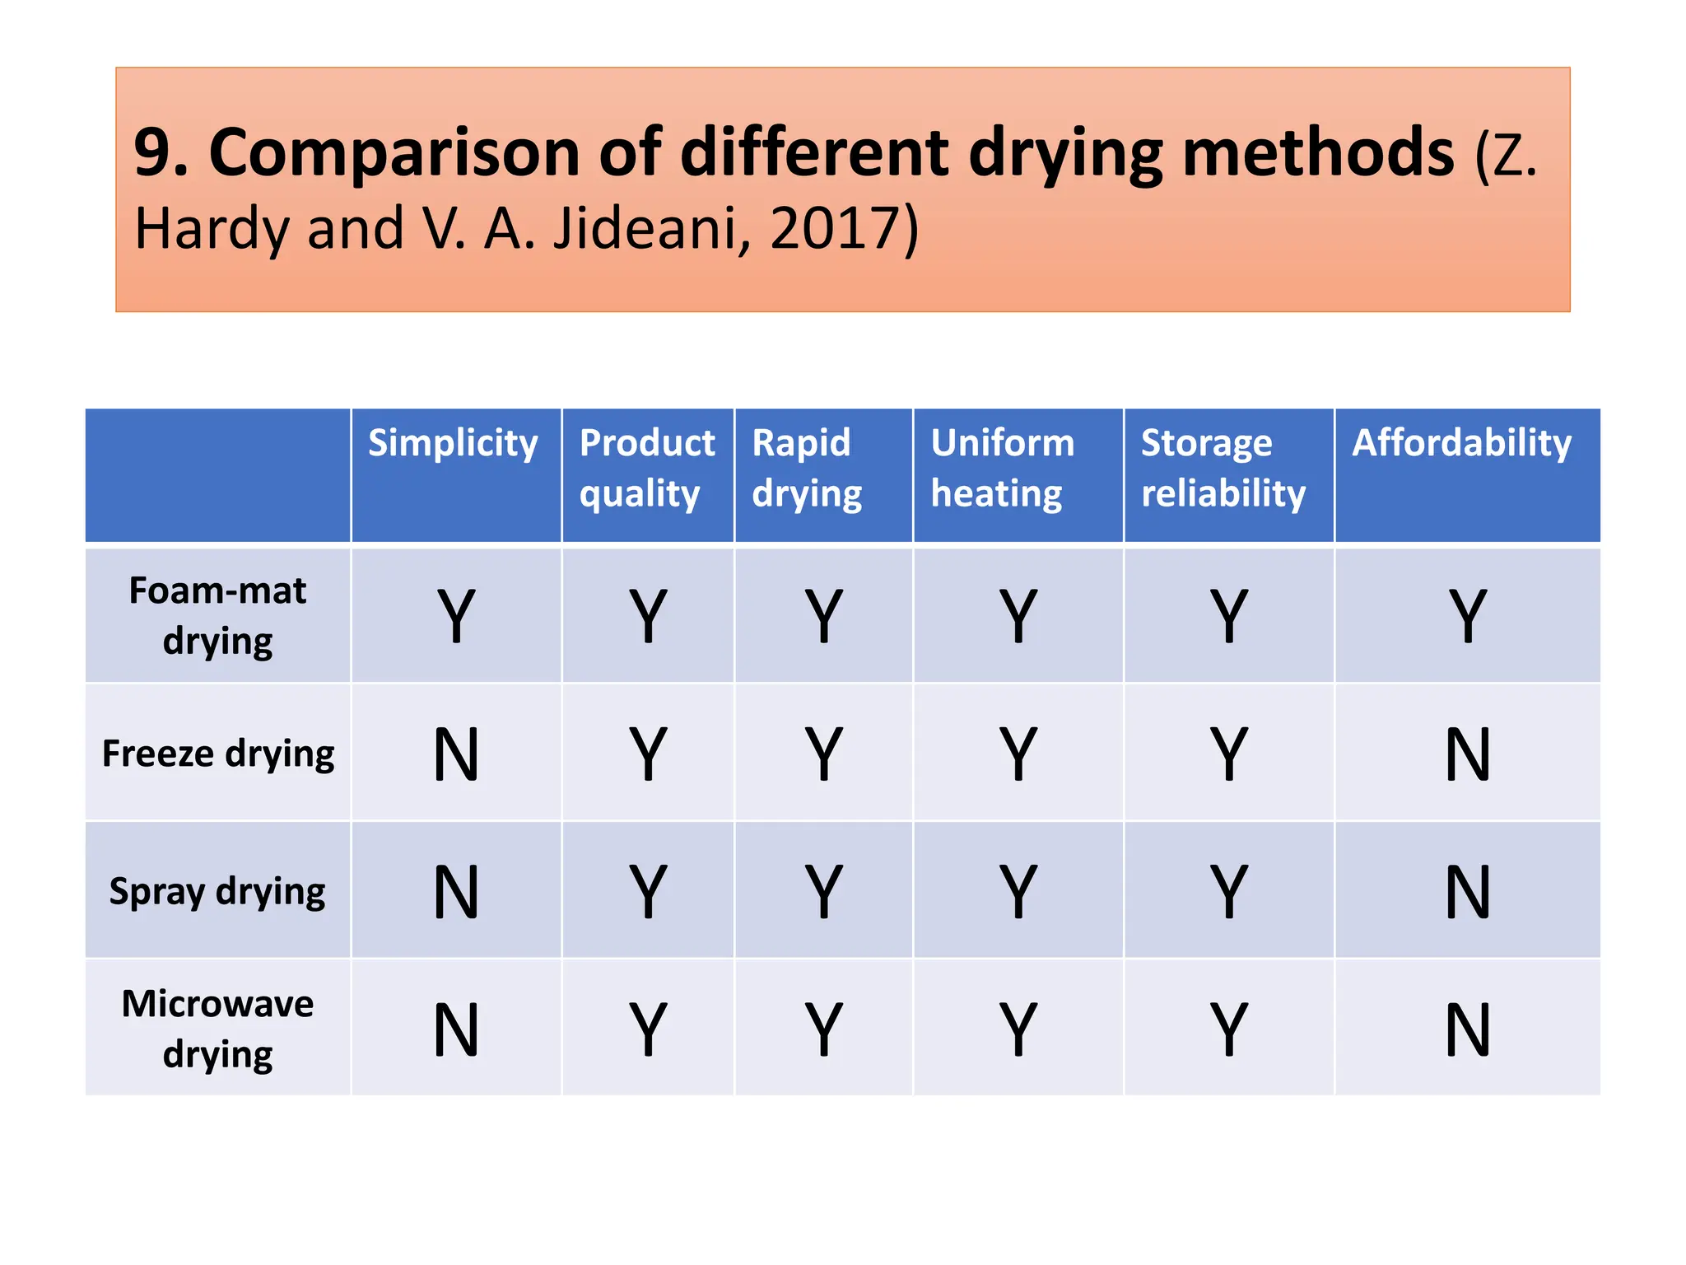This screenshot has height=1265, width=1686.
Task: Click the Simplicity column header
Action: (x=453, y=443)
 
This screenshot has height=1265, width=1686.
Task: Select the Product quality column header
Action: (x=646, y=468)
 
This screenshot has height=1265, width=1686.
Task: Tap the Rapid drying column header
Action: (x=806, y=468)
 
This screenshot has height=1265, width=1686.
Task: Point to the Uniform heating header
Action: (x=1002, y=468)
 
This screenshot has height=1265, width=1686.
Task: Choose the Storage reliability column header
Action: (x=1223, y=468)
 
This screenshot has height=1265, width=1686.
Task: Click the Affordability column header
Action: (x=1461, y=443)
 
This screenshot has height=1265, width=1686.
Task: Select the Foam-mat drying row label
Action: (x=217, y=615)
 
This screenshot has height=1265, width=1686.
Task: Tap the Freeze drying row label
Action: (x=218, y=754)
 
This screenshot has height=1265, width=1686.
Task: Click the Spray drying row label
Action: (x=217, y=891)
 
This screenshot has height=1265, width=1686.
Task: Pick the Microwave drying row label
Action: (x=217, y=1029)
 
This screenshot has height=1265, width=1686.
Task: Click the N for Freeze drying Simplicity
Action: (x=456, y=754)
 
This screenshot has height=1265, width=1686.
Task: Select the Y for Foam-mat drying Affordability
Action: (x=1467, y=615)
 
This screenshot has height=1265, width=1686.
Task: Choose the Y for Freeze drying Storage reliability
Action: (x=1228, y=754)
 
